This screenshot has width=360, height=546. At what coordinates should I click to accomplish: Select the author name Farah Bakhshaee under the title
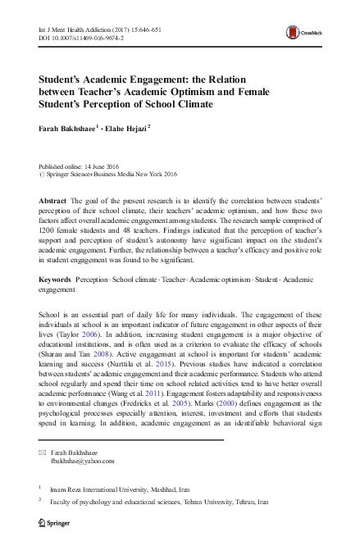(67, 128)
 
